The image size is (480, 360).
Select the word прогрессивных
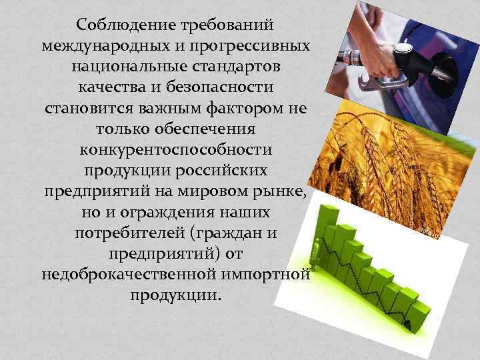tap(254, 47)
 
